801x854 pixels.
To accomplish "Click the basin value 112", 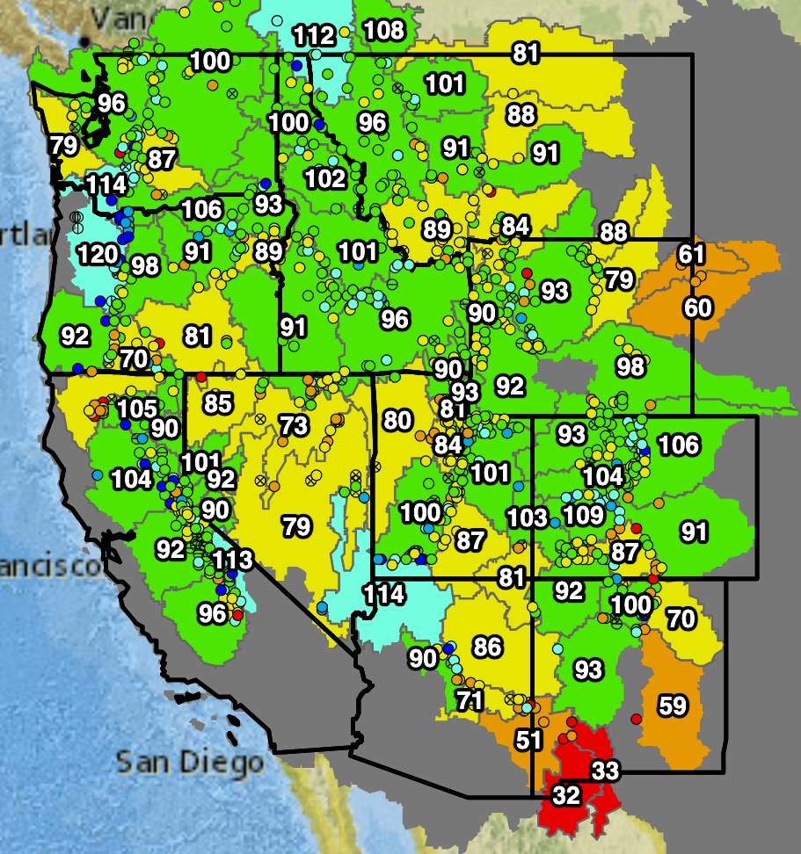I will (x=314, y=36).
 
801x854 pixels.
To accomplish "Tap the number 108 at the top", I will (x=383, y=30).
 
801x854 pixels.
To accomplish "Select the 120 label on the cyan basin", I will (x=98, y=256).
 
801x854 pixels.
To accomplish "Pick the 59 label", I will (x=673, y=706).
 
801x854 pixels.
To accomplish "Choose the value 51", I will (x=528, y=740).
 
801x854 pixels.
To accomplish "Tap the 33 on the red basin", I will (x=604, y=772).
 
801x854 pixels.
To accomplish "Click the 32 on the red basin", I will (x=566, y=796).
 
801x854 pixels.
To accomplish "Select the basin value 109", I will (x=584, y=515).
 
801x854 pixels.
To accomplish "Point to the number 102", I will (x=325, y=178).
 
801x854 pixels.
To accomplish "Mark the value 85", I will (x=217, y=404).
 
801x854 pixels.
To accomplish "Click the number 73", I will (x=294, y=426).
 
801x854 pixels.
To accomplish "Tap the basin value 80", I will (x=397, y=420).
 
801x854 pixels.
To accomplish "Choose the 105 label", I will (x=137, y=409).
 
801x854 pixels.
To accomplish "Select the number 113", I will (x=233, y=560).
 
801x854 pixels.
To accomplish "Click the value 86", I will (x=487, y=648).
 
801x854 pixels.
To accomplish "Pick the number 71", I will (x=470, y=700).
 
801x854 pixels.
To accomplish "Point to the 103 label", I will (x=528, y=517).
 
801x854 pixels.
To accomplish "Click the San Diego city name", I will (x=190, y=761).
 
